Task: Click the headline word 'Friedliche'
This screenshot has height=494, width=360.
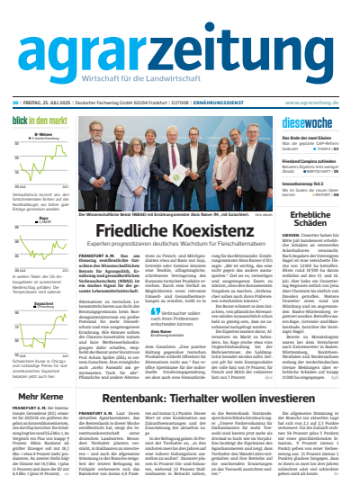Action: [139, 229]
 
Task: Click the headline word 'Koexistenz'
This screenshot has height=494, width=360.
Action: [214, 229]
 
